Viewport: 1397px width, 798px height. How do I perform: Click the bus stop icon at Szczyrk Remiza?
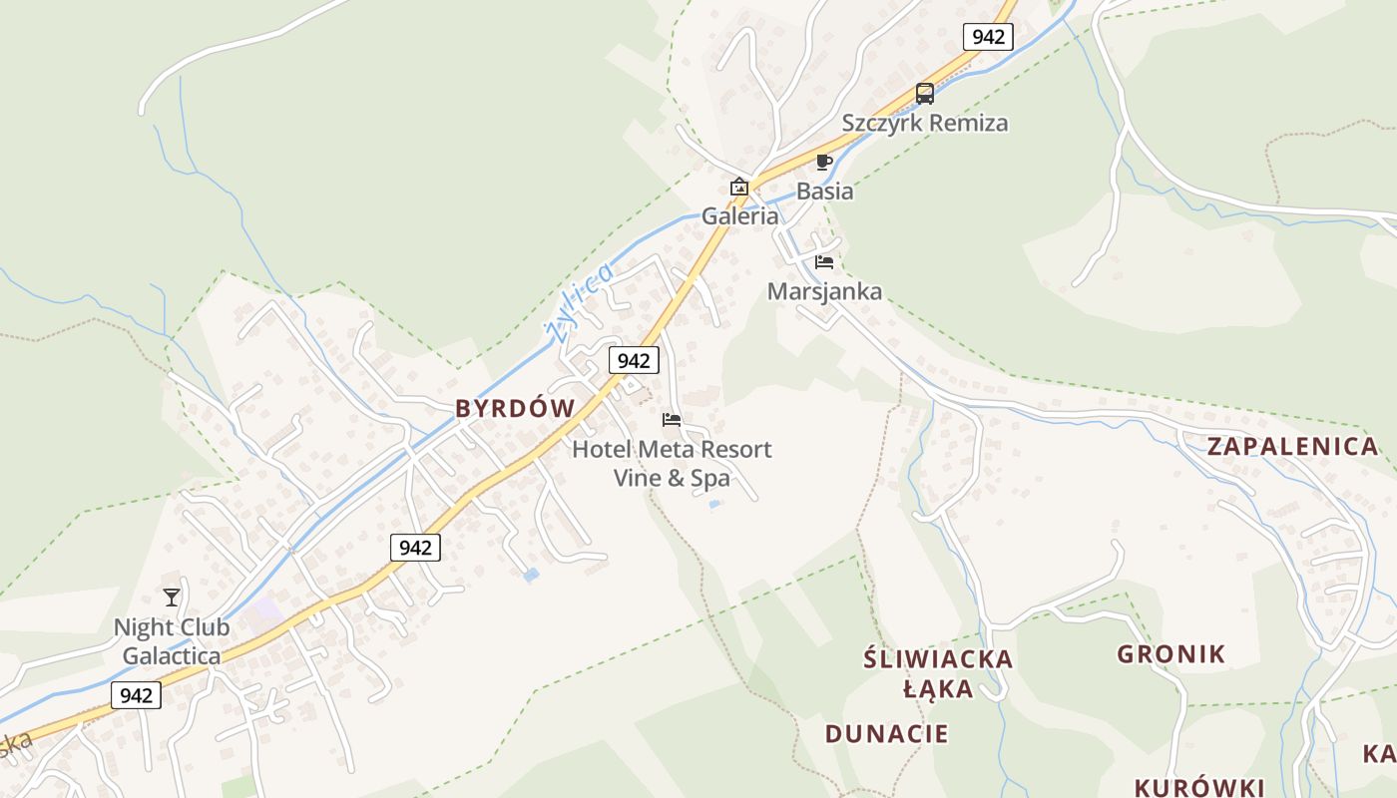point(925,94)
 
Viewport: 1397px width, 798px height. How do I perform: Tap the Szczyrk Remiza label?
point(925,123)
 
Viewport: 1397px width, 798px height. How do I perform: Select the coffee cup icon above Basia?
point(823,162)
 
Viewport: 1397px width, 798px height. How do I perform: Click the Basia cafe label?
point(825,191)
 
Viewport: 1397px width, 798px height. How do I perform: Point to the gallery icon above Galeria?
point(738,187)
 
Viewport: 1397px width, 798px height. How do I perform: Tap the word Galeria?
point(739,215)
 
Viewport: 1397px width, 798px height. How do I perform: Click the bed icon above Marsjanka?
point(824,262)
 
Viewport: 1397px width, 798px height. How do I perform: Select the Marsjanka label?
point(824,291)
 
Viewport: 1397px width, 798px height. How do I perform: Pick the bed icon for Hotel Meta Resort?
point(672,420)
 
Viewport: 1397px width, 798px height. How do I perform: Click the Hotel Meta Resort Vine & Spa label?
point(672,464)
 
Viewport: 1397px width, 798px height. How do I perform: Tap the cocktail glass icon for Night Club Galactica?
point(172,598)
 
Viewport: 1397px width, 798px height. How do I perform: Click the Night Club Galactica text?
point(172,641)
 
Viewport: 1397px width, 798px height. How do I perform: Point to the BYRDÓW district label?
point(516,408)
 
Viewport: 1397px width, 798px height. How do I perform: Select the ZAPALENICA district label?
point(1292,446)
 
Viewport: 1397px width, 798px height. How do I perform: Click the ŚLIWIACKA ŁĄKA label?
point(938,673)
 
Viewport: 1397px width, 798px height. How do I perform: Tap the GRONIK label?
point(1171,654)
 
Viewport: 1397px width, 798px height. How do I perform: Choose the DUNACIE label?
point(887,734)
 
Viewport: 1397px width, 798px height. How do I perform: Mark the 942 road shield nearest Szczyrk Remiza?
point(988,37)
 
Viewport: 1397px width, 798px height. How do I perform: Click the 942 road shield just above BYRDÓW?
point(634,360)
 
